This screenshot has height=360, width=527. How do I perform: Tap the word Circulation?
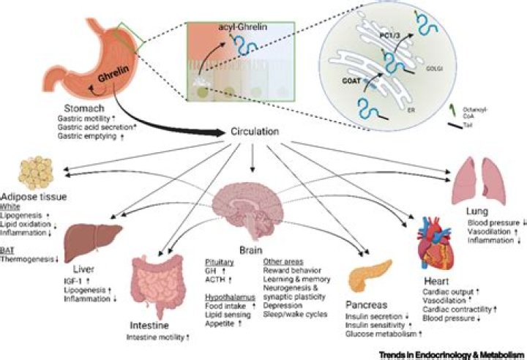click(x=253, y=133)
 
